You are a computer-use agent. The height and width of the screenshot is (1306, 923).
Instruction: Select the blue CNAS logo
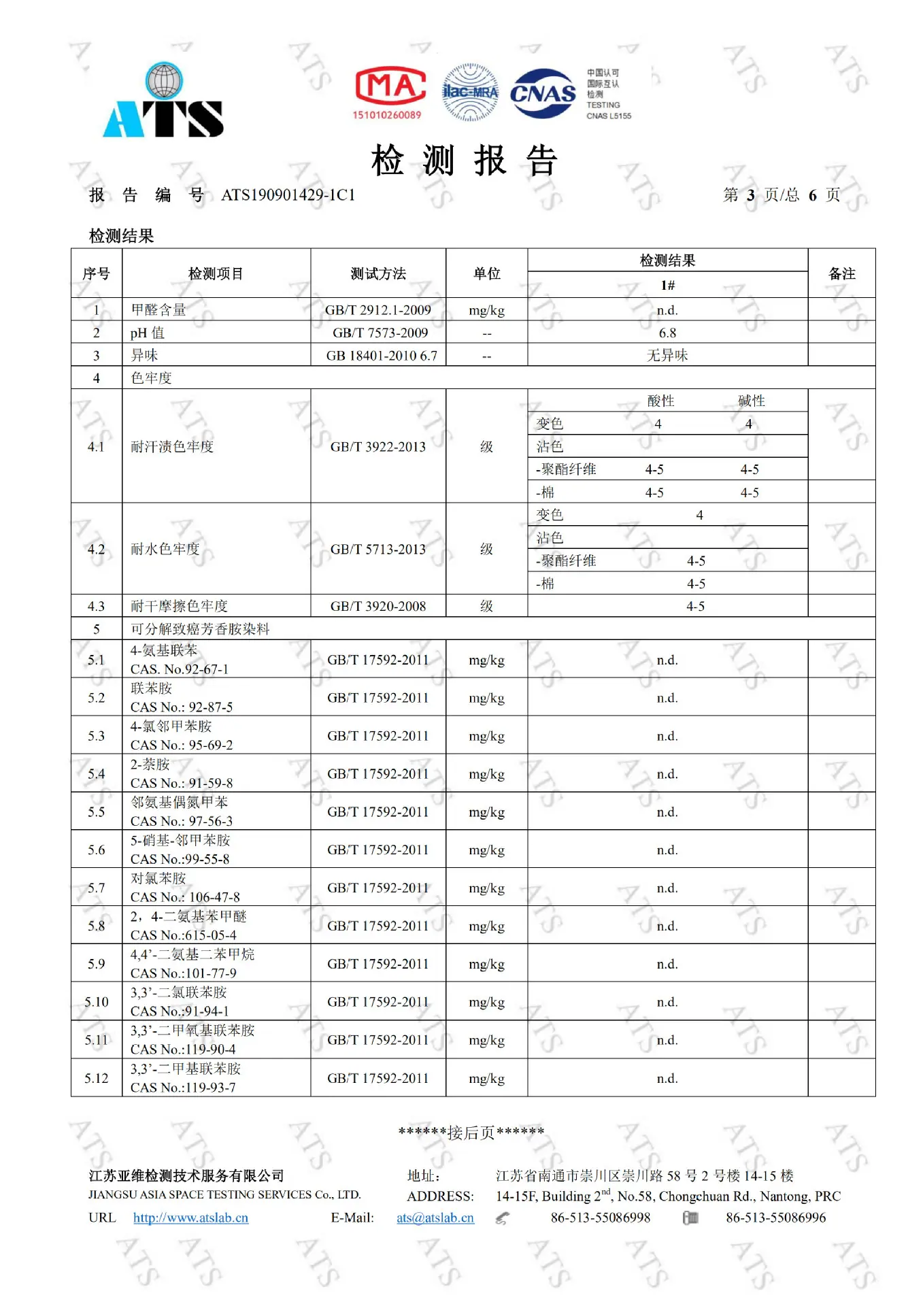click(x=543, y=93)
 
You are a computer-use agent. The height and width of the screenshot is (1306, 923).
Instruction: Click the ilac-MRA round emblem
click(x=470, y=93)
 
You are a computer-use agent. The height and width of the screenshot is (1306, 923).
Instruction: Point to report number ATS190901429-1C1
click(x=288, y=195)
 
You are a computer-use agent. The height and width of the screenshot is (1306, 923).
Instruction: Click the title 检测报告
click(x=465, y=161)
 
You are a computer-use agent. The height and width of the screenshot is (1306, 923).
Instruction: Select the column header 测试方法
click(x=378, y=273)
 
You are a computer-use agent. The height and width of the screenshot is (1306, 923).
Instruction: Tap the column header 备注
click(x=841, y=273)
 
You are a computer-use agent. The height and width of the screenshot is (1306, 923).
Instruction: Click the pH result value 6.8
click(x=667, y=333)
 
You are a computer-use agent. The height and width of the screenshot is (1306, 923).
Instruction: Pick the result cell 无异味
click(x=667, y=355)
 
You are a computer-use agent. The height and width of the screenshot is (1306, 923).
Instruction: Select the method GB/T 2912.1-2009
click(x=378, y=310)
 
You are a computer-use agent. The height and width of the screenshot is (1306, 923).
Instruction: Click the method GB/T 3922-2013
click(x=378, y=447)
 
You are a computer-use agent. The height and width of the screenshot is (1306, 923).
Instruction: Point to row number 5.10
click(x=97, y=1002)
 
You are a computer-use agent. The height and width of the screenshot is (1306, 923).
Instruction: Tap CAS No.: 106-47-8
click(x=185, y=897)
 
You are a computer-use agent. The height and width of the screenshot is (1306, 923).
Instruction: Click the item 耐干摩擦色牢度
click(x=179, y=606)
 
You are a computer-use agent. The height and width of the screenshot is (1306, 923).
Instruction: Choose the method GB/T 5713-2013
click(x=378, y=549)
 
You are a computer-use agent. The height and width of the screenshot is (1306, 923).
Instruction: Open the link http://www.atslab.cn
click(x=190, y=1218)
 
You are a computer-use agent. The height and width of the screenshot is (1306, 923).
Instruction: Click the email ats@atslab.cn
click(x=435, y=1218)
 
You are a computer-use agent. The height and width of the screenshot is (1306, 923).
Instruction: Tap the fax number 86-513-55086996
click(x=775, y=1218)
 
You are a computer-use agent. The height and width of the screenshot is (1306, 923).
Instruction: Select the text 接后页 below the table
click(x=471, y=1133)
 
